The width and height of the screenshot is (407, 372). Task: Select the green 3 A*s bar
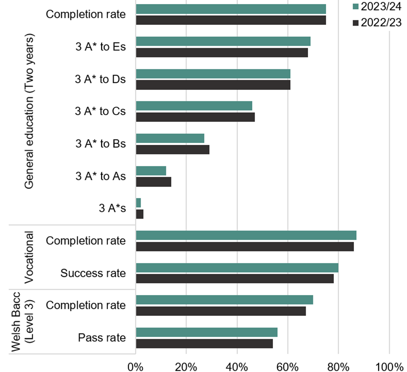[x=139, y=203]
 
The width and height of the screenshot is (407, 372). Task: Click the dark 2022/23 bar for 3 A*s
[x=140, y=214]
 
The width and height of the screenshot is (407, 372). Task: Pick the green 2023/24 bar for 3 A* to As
[x=151, y=170]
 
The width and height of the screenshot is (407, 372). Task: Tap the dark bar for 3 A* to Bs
[x=173, y=149]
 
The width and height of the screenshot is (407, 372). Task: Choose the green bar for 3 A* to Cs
[x=194, y=106]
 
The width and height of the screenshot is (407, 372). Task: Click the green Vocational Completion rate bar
[x=246, y=235]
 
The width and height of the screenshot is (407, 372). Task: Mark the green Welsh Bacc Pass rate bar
[x=206, y=332]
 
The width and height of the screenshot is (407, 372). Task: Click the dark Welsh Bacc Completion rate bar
[x=221, y=311]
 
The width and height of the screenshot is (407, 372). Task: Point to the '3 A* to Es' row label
[x=100, y=47]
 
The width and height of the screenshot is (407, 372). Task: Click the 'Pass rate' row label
[x=102, y=337]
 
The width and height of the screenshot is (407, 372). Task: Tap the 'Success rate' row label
[x=93, y=273]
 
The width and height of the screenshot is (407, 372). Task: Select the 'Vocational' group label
[x=28, y=257]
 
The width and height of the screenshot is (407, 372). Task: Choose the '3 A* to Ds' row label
[x=100, y=79]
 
